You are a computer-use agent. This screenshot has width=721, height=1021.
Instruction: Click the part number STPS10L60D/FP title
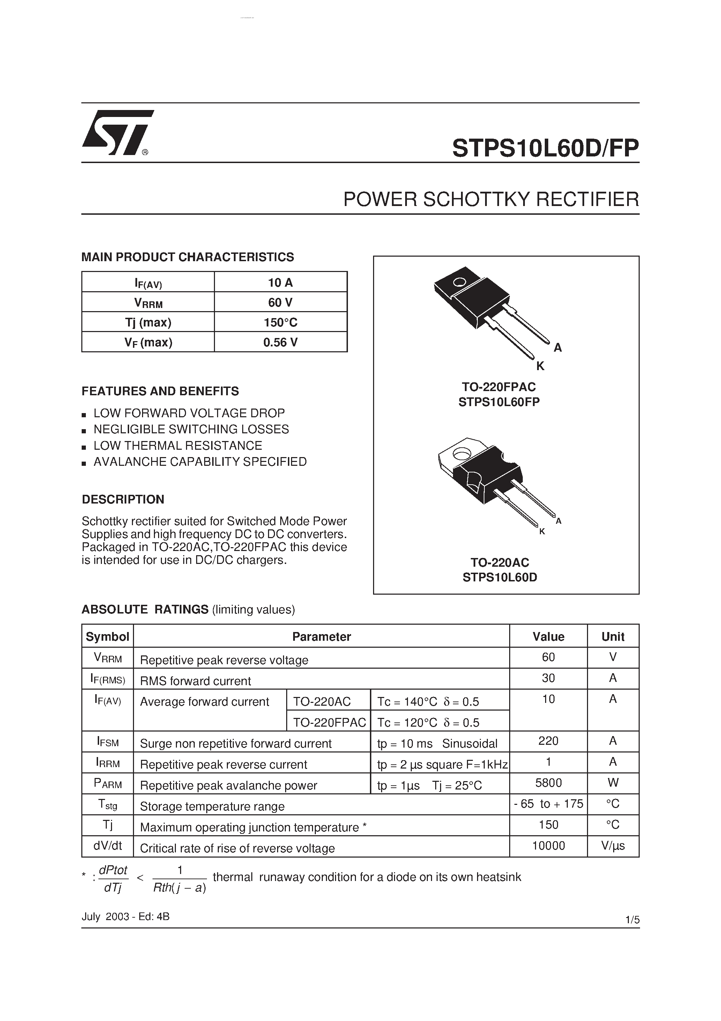pos(545,148)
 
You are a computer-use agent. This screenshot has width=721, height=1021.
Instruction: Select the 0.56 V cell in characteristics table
pos(281,342)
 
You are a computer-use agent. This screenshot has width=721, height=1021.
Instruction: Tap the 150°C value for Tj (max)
pos(281,322)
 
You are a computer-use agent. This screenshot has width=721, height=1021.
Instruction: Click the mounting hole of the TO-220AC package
pos(461,454)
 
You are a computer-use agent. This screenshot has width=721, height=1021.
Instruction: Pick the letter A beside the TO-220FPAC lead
pos(557,348)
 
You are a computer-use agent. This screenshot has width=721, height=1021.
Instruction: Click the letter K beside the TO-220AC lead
pos(542,531)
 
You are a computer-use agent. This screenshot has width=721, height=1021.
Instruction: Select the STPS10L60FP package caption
pos(499,402)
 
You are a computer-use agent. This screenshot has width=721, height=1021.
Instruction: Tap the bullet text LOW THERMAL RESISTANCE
pos(178,446)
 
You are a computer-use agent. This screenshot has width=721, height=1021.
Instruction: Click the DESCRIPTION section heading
pos(123,499)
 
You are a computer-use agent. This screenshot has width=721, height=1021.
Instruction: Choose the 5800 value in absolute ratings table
pos(548,783)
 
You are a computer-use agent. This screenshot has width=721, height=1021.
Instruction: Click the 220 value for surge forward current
pos(548,741)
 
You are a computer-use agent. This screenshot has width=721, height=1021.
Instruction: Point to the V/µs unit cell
pos(612,845)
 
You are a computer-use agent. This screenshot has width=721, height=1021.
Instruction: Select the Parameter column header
pos(321,636)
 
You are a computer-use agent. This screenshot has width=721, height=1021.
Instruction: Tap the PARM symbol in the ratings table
pos(107,784)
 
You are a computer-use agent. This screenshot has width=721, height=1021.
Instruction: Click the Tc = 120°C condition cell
pos(428,722)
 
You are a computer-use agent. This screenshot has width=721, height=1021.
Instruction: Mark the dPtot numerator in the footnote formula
pos(113,870)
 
